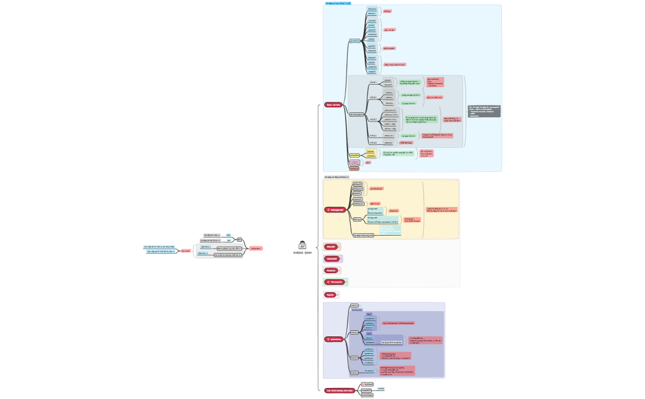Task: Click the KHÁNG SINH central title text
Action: pyautogui.click(x=303, y=253)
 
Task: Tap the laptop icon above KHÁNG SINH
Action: pyautogui.click(x=303, y=245)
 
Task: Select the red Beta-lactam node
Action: pyautogui.click(x=333, y=105)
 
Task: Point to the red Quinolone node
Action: pyautogui.click(x=334, y=339)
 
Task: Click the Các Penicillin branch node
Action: pyautogui.click(x=354, y=41)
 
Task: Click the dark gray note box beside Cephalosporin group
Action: pyautogui.click(x=484, y=111)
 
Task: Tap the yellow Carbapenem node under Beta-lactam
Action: pyautogui.click(x=354, y=155)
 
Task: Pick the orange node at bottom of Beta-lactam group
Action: pyautogui.click(x=354, y=168)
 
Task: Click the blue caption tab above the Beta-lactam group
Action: pyautogui.click(x=338, y=3)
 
